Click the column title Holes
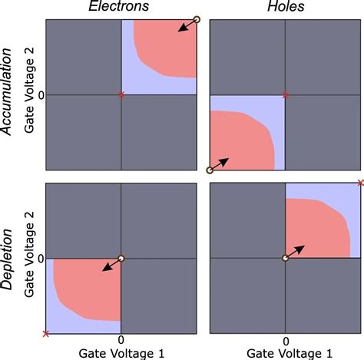tap(285, 8)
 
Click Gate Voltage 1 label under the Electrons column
tap(121, 352)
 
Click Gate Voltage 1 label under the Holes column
tap(286, 352)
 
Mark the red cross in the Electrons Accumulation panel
tap(121, 94)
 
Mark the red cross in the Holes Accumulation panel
tap(286, 94)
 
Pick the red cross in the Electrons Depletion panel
tap(46, 333)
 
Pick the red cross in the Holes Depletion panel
tap(360, 183)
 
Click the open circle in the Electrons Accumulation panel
tap(196, 19)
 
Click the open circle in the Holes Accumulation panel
tap(210, 170)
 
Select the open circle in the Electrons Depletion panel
tap(121, 258)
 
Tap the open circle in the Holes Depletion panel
tap(286, 258)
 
